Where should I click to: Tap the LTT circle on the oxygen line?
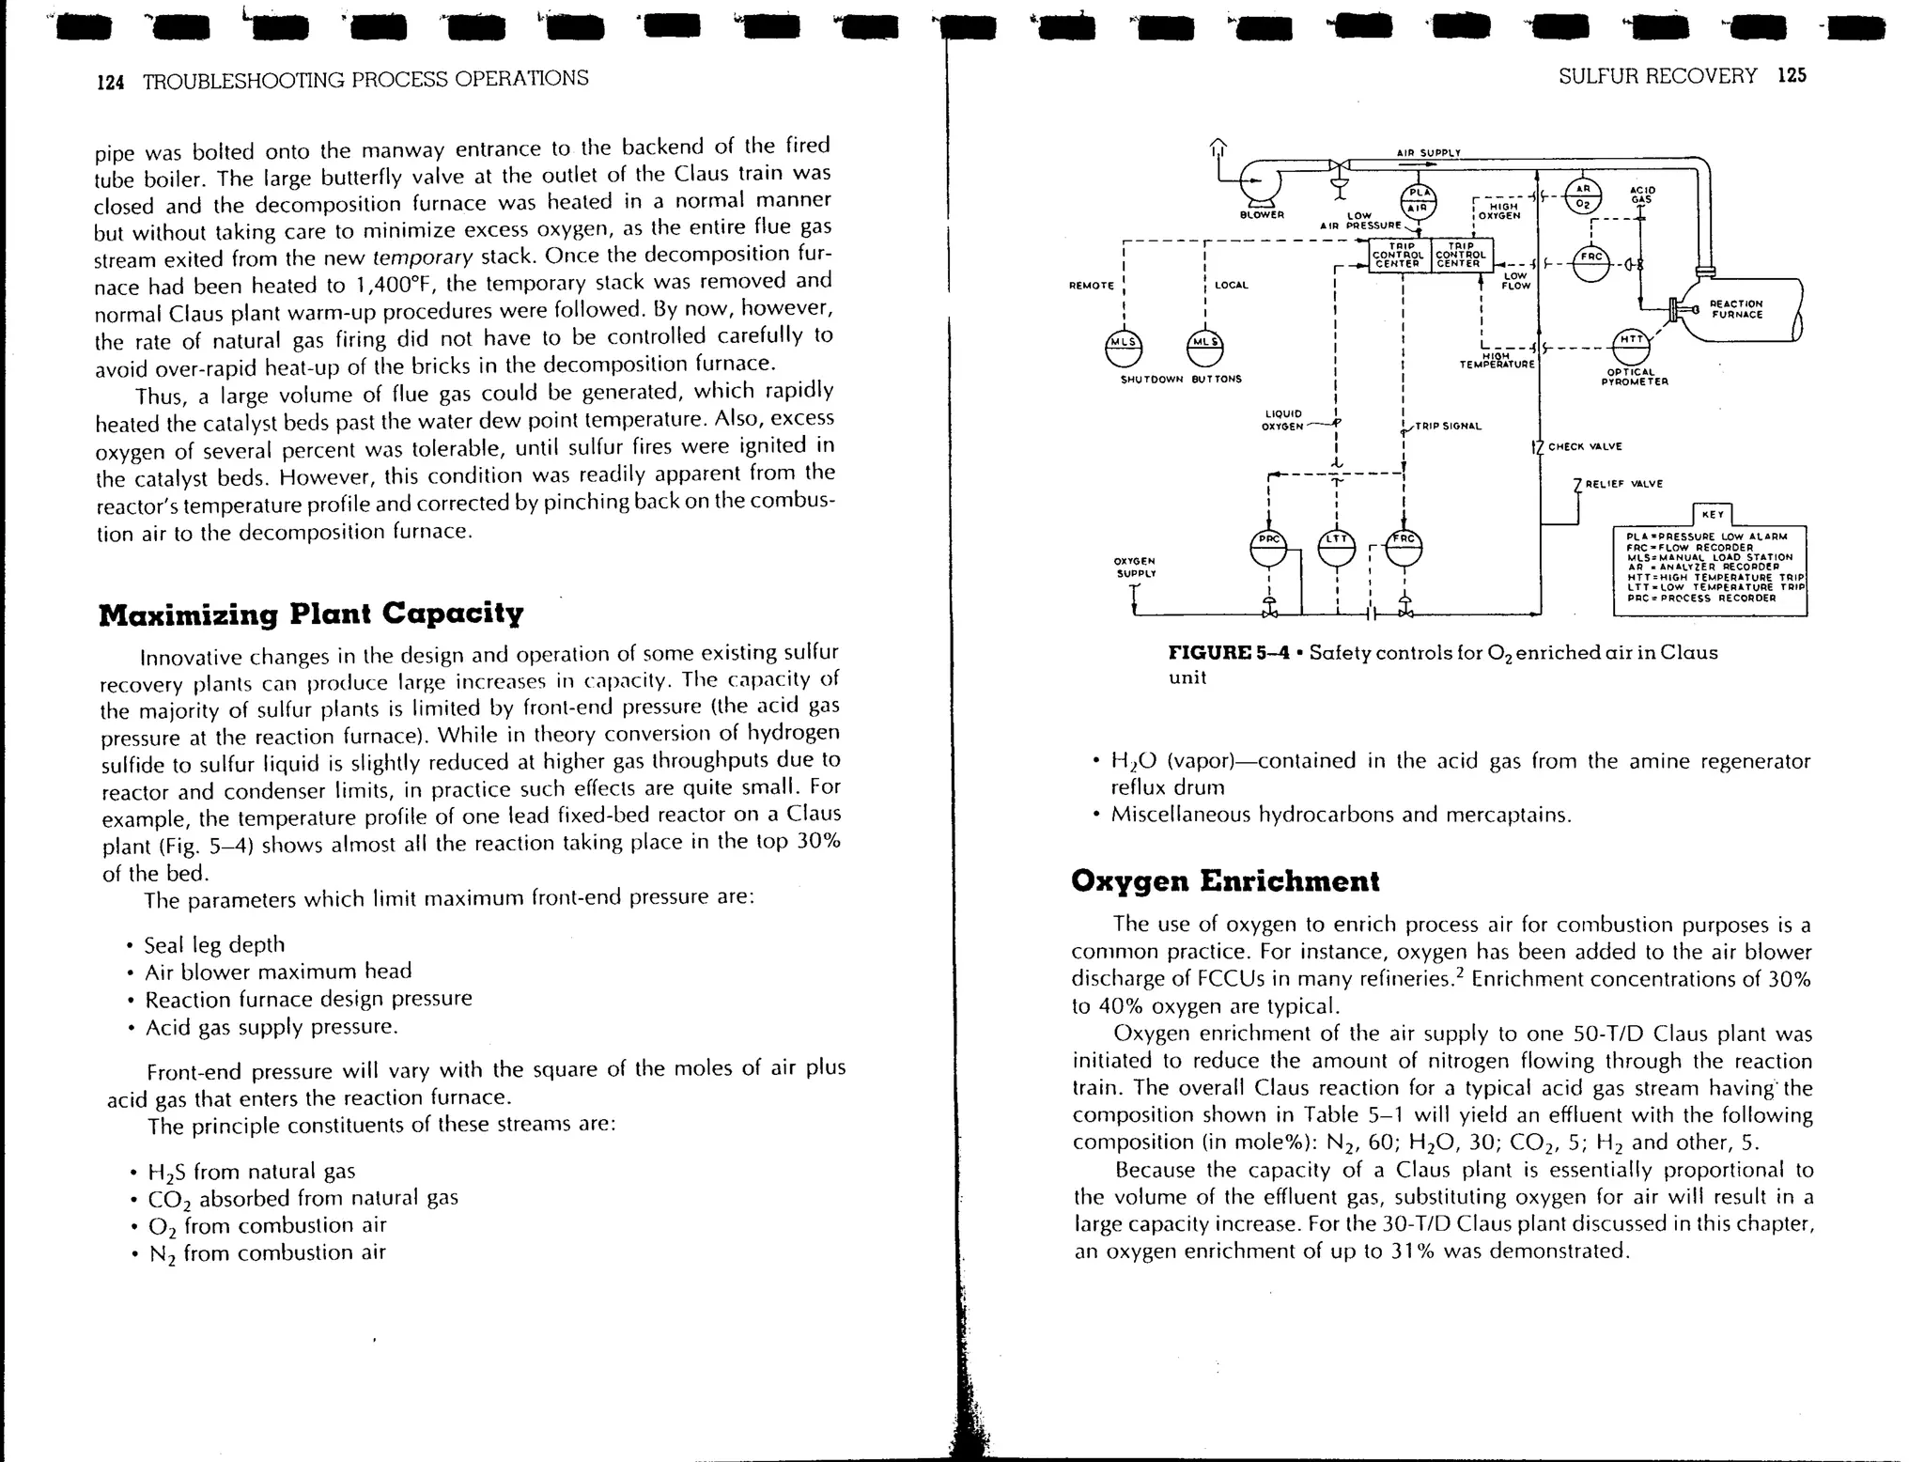coord(1336,547)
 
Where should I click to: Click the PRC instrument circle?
coord(1268,547)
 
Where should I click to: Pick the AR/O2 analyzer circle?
coord(1584,196)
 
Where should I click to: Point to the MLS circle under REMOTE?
coord(1125,348)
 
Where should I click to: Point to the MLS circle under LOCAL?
coord(1205,348)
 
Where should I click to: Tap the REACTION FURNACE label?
coord(1736,309)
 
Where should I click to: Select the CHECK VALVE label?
coord(1585,446)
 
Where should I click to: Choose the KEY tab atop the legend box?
coord(1713,515)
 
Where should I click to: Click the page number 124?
coord(111,83)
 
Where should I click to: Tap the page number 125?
coord(1792,76)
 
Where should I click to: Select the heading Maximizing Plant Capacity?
coord(311,614)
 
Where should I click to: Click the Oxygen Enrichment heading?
coord(1225,881)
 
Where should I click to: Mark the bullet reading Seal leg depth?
coord(214,944)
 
